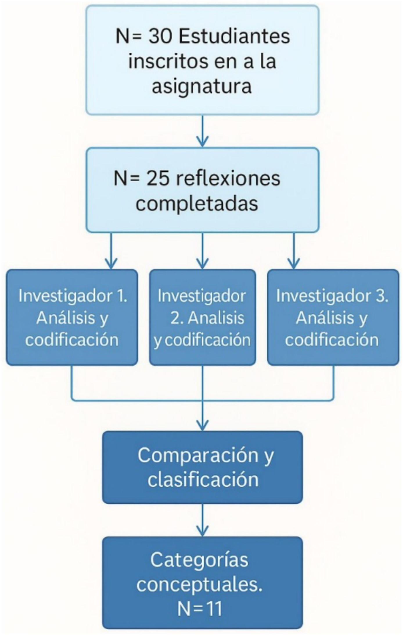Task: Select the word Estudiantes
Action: [x=234, y=37]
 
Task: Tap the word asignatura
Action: [x=202, y=86]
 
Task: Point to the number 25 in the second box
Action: [x=158, y=179]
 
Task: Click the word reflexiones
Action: [x=228, y=179]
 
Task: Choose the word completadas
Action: [x=197, y=204]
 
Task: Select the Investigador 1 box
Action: [x=72, y=317]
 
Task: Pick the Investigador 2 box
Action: [x=202, y=317]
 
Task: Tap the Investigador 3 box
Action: [x=333, y=317]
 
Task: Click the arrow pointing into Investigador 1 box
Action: [x=111, y=252]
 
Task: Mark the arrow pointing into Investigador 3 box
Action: [x=294, y=252]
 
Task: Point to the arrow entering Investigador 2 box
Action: [x=202, y=252]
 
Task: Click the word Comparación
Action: [x=198, y=455]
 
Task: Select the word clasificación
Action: [x=203, y=480]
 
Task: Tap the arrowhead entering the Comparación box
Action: [x=202, y=425]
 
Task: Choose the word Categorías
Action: [x=199, y=559]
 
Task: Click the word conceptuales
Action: [x=199, y=584]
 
